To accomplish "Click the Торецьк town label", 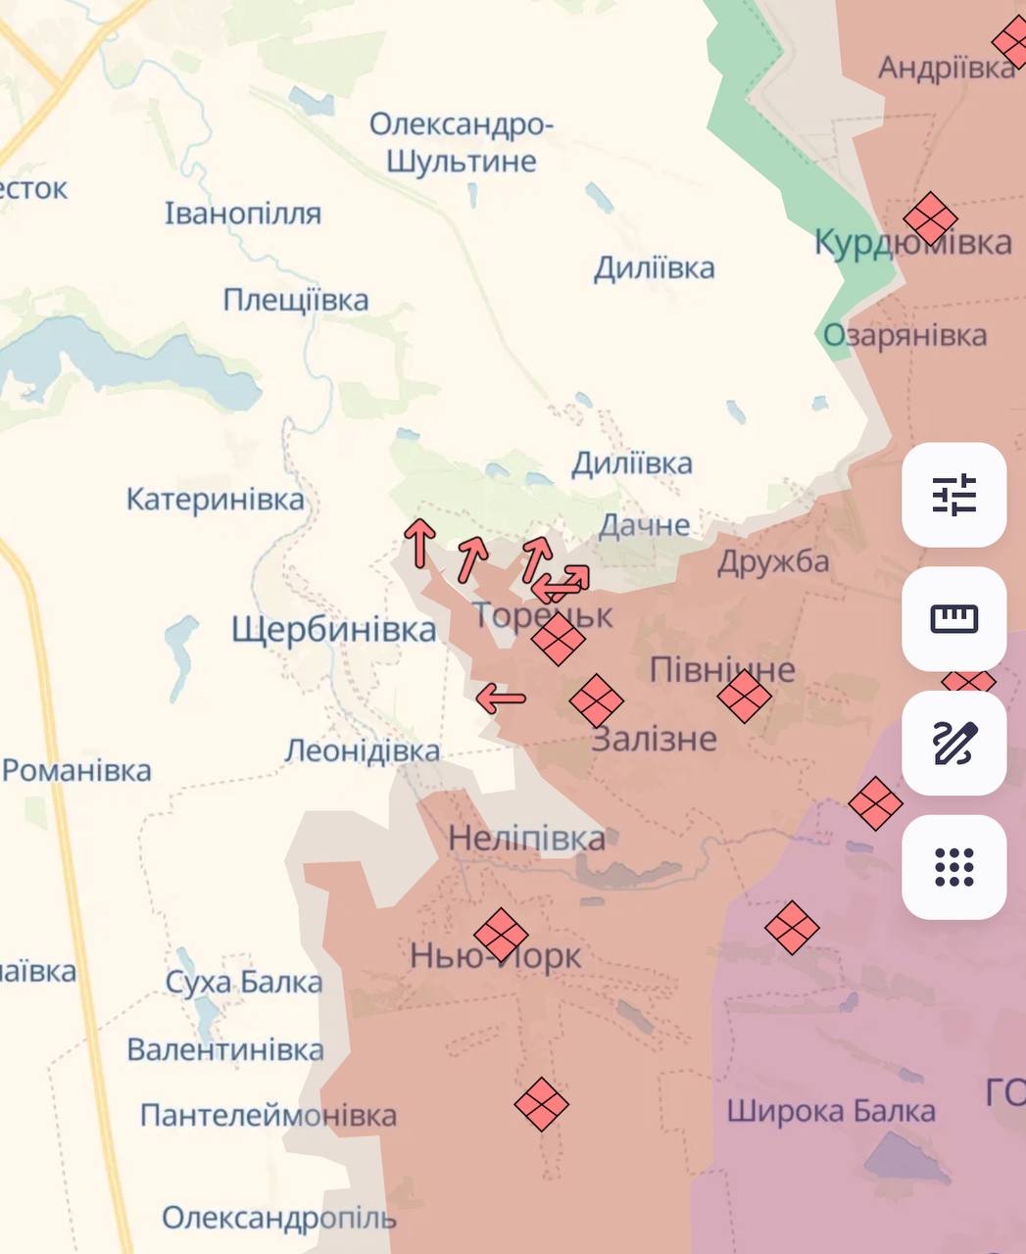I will (x=542, y=615).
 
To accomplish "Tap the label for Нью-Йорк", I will (x=495, y=955).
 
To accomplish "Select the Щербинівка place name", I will (x=334, y=630).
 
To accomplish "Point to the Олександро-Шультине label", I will (x=462, y=143).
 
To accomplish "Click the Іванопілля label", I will (x=242, y=214).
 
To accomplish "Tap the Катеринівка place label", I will (x=216, y=500).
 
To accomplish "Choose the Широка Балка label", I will (x=830, y=1111).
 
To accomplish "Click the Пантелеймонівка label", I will (x=269, y=1115).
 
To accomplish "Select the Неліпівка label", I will (x=526, y=839).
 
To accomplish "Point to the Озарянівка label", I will (x=904, y=335).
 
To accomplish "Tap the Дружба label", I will (x=773, y=562).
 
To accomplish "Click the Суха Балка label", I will (x=243, y=982).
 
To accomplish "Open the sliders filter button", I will (x=953, y=495).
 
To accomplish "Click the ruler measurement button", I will (x=953, y=619).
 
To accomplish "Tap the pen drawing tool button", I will (x=953, y=743).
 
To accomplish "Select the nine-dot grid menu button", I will (x=953, y=867).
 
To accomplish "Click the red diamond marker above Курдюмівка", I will (x=930, y=217).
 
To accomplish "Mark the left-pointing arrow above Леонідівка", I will (x=501, y=699).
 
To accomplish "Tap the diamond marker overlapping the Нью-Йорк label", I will (x=501, y=934).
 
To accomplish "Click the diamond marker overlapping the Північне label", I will (x=744, y=697).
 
